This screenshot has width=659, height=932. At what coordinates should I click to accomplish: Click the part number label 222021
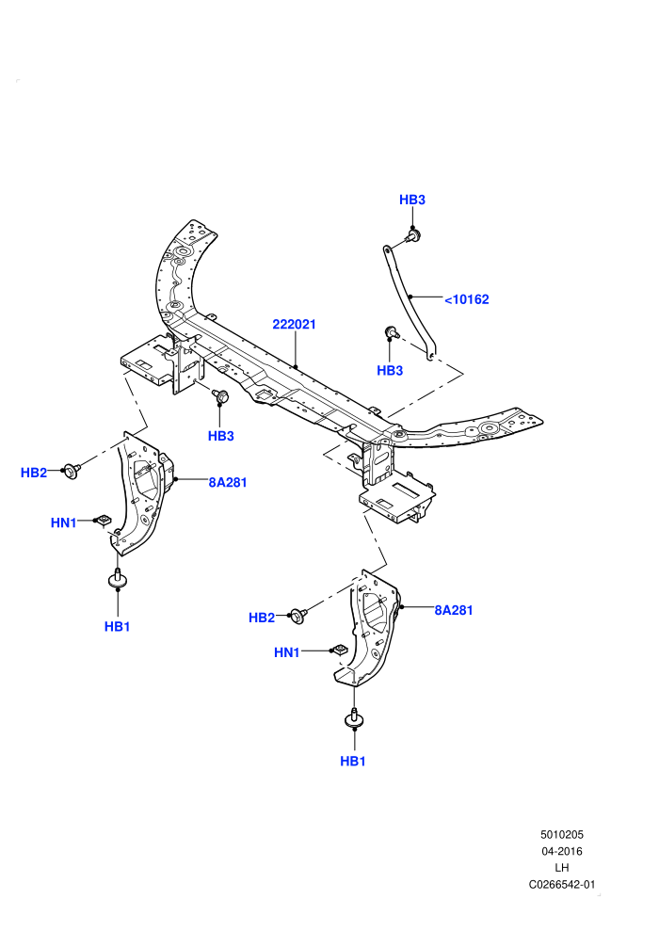(x=294, y=325)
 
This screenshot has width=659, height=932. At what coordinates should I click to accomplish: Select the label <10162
(x=466, y=299)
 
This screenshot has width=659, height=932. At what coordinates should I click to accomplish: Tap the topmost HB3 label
(x=412, y=200)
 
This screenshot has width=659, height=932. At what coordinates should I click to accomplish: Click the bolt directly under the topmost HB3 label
(x=413, y=236)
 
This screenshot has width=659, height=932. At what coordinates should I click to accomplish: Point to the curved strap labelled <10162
(x=410, y=297)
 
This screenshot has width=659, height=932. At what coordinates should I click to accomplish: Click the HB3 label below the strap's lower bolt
(x=390, y=370)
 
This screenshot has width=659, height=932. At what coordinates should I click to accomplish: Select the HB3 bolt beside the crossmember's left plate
(x=220, y=395)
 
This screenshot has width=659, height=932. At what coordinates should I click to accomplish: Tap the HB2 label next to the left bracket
(x=34, y=473)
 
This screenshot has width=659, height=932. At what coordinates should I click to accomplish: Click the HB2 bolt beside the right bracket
(x=298, y=616)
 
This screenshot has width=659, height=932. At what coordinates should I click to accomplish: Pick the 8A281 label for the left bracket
(x=228, y=483)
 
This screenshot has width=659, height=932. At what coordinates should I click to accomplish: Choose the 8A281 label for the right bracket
(x=454, y=610)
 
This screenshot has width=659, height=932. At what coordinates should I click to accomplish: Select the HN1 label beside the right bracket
(x=287, y=652)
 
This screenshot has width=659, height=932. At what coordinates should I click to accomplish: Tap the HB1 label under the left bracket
(x=117, y=626)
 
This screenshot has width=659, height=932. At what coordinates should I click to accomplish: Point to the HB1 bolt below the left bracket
(x=118, y=578)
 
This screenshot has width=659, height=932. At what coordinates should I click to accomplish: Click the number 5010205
(x=561, y=834)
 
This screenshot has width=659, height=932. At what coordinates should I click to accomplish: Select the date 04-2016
(x=561, y=851)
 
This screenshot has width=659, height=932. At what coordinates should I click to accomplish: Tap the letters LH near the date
(x=561, y=868)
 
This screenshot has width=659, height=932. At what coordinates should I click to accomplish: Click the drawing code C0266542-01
(x=561, y=884)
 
